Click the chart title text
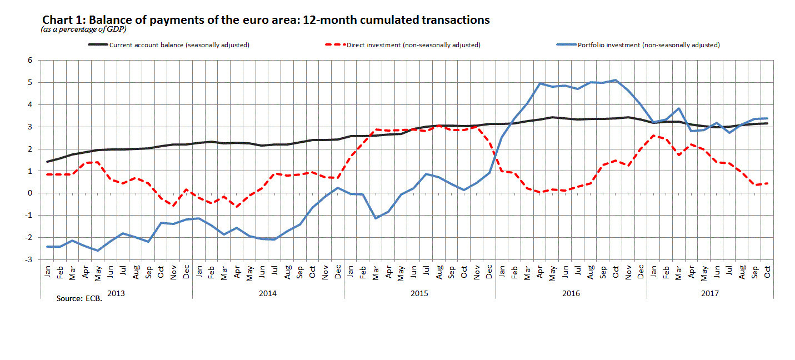point(266,20)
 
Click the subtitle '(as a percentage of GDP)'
point(84,29)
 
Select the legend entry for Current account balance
point(169,45)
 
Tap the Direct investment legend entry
point(403,45)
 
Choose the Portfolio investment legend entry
point(638,45)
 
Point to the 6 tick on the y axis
point(30,61)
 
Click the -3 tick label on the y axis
point(28,259)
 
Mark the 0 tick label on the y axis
point(30,193)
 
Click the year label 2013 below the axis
point(116,293)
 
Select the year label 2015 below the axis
point(419,293)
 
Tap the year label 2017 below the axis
point(710,293)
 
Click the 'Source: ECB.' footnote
point(79,298)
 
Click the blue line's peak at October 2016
point(616,80)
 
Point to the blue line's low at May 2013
point(98,251)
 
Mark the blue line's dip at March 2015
point(376,218)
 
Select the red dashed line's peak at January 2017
point(653,135)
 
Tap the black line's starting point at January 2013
point(47,162)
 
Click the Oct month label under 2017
point(767,272)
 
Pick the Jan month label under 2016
point(502,272)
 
